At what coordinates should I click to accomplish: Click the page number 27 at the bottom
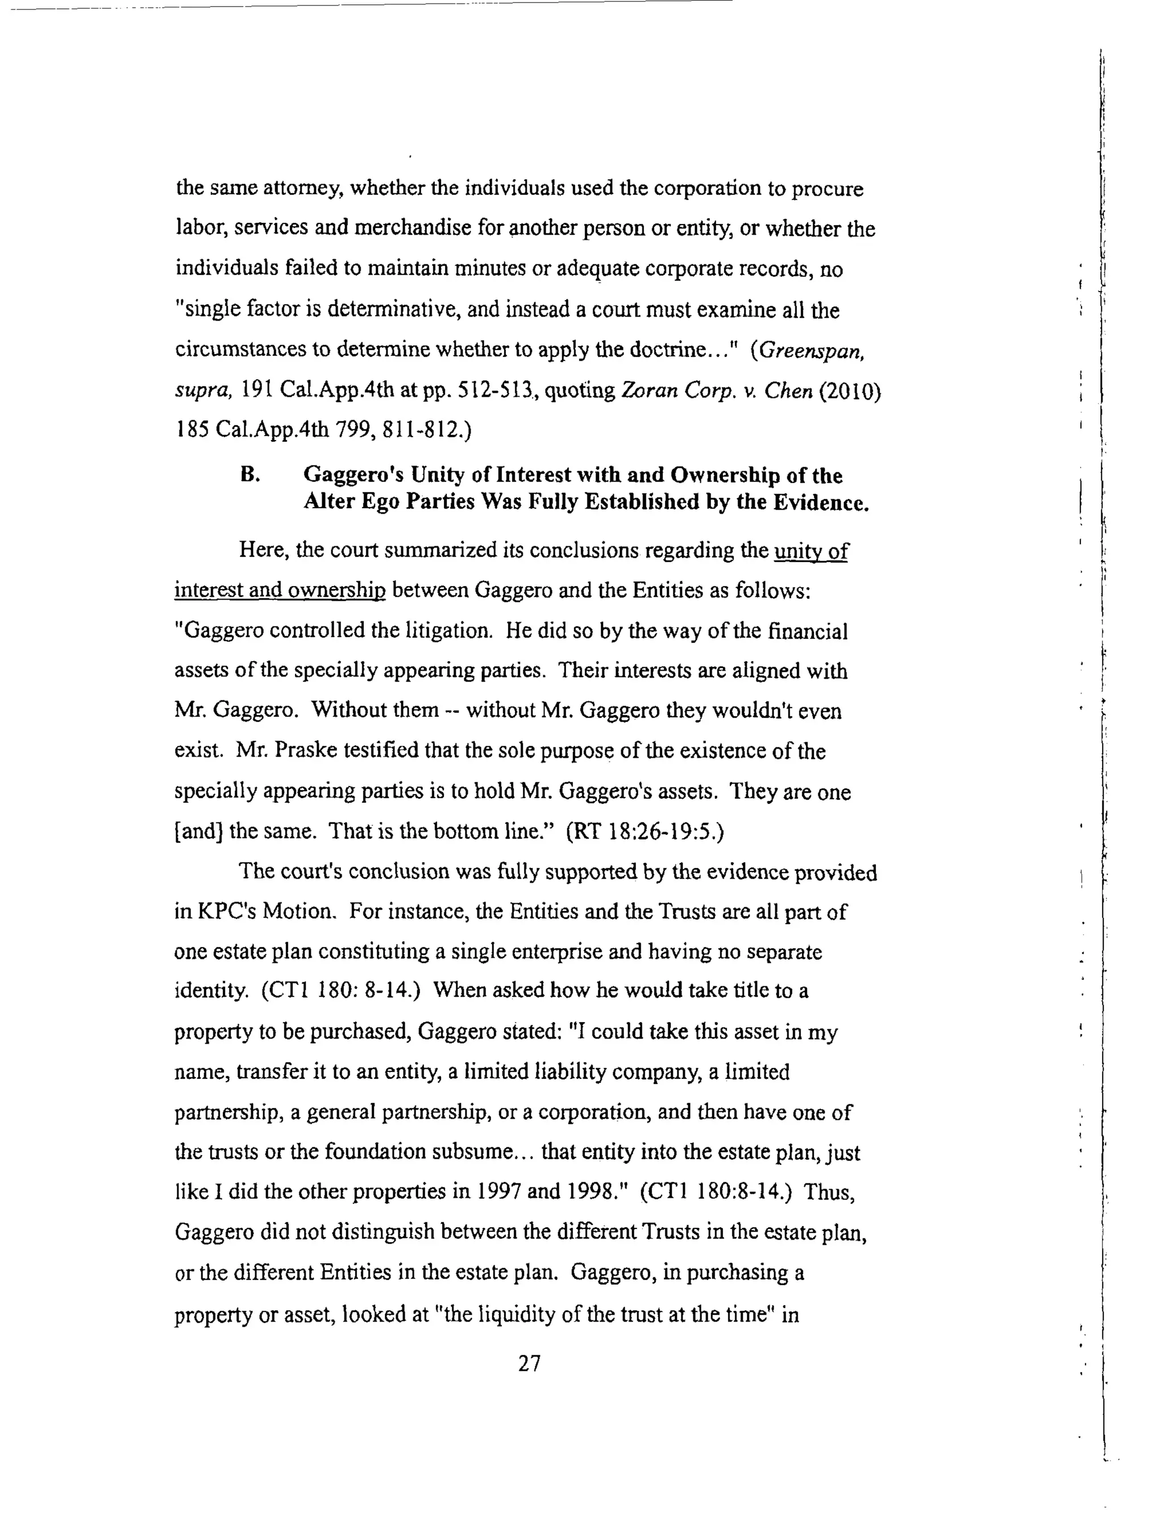tap(529, 1363)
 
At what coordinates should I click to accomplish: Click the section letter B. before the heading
tap(250, 475)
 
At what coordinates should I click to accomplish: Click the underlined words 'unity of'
tap(810, 551)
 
